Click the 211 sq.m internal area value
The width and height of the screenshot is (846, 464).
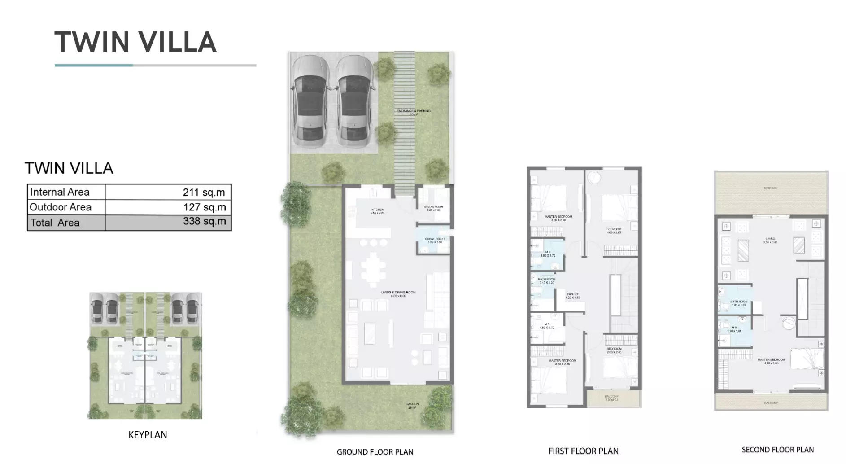tap(204, 192)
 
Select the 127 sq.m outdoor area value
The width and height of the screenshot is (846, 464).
tap(204, 207)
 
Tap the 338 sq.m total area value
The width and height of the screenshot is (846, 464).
tap(204, 222)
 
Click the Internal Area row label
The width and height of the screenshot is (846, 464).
tap(60, 192)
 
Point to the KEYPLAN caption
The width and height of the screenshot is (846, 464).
tap(148, 435)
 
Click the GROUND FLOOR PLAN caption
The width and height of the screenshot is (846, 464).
tap(375, 452)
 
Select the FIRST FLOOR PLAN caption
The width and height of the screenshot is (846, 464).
tap(583, 451)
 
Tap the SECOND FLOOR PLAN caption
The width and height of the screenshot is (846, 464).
tap(777, 450)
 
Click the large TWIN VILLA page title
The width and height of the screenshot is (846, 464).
tap(135, 42)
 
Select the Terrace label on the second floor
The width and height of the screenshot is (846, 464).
tap(770, 188)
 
